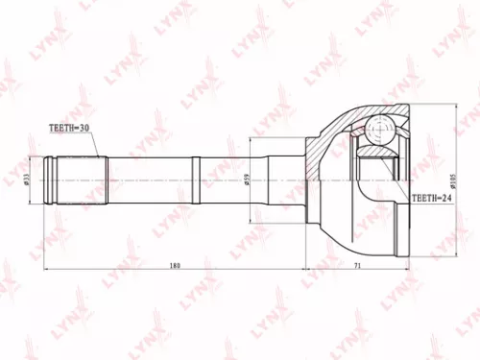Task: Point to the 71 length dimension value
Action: coord(356,265)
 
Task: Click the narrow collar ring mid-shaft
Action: coord(196,179)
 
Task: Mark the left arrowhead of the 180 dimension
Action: coord(46,272)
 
